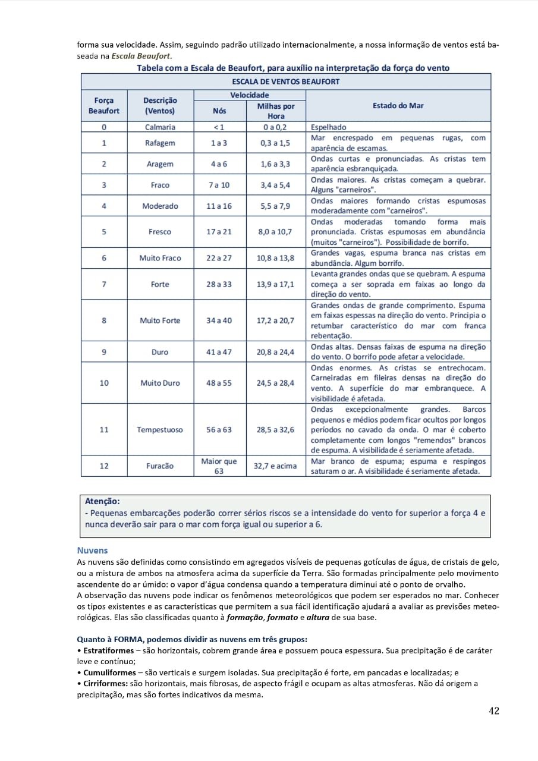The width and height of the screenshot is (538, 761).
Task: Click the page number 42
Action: click(493, 710)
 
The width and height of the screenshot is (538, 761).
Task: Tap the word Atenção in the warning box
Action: click(102, 501)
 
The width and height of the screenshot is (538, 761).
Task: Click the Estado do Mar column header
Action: click(398, 106)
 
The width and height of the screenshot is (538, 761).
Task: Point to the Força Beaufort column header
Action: click(104, 106)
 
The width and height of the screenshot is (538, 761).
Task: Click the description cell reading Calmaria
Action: click(160, 127)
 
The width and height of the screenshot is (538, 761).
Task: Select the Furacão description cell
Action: click(160, 466)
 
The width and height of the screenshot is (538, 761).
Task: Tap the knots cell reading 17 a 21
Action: click(219, 232)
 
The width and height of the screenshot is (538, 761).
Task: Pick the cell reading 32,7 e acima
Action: click(275, 466)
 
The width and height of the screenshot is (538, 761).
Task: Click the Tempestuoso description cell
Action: click(160, 430)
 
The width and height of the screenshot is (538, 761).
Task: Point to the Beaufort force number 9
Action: click(104, 352)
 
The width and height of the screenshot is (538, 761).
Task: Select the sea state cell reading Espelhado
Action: click(329, 127)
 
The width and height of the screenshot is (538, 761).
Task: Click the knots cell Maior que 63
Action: click(219, 466)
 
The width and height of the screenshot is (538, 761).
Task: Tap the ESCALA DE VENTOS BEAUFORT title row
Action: click(286, 81)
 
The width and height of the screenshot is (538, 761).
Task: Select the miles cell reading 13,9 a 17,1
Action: click(275, 284)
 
